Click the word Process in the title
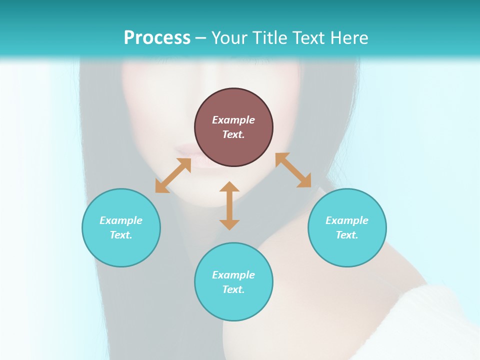point(157,37)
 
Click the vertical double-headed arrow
point(229,206)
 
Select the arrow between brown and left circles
point(173,175)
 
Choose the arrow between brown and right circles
point(293,170)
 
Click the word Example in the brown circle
point(233,120)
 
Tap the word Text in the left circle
point(121,235)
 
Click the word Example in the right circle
point(347,220)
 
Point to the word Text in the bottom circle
point(233,289)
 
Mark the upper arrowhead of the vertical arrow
point(229,187)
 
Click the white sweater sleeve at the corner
point(440,320)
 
